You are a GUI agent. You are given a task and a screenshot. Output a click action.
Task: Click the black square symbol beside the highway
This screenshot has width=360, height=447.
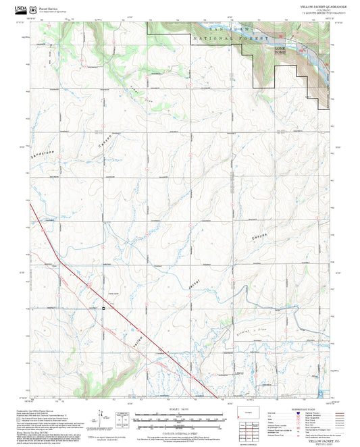pos(103,309)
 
